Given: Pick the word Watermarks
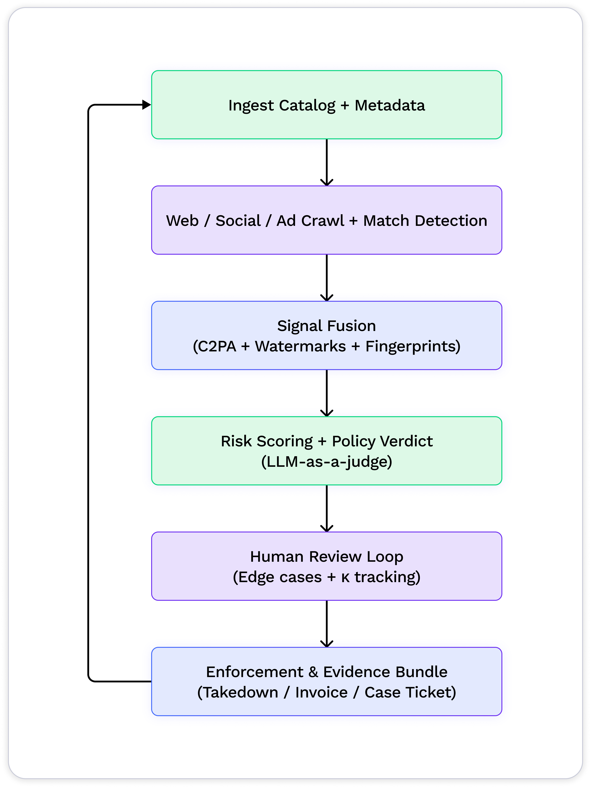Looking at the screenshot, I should [300, 346].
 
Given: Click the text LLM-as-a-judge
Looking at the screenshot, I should [327, 462].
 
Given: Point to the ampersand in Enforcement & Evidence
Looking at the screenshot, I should [313, 672].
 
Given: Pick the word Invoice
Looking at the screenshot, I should [321, 693].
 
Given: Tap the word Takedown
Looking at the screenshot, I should [240, 693].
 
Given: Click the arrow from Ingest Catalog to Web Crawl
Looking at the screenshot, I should [327, 162].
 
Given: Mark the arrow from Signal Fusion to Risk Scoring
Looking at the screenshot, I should [327, 393].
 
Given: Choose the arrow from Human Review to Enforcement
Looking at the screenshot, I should [327, 623].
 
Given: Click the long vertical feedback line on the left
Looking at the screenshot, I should [88, 392].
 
